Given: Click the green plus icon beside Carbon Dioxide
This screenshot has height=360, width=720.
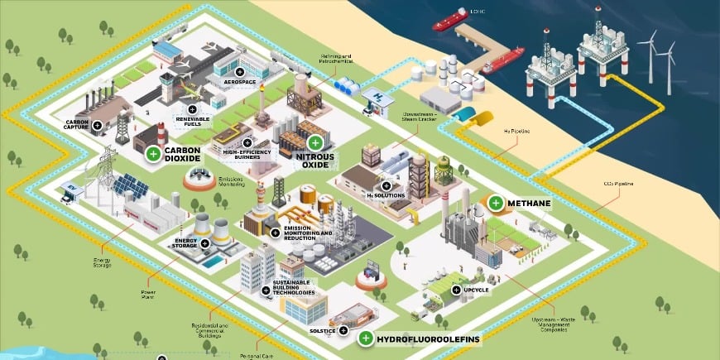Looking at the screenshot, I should point(152,153).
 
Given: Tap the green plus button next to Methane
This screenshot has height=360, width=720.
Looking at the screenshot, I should point(496,202).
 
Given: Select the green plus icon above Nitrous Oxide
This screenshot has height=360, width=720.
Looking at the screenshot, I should point(315,142).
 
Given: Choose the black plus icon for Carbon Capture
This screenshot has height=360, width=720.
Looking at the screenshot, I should point(98,126).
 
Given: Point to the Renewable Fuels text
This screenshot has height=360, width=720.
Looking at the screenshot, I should point(192,122).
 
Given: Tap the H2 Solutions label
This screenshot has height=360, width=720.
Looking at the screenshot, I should point(386,195).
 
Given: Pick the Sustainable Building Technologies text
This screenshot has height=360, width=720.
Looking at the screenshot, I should point(294,288).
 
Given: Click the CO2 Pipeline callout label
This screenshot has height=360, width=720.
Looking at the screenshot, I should point(617,184).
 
